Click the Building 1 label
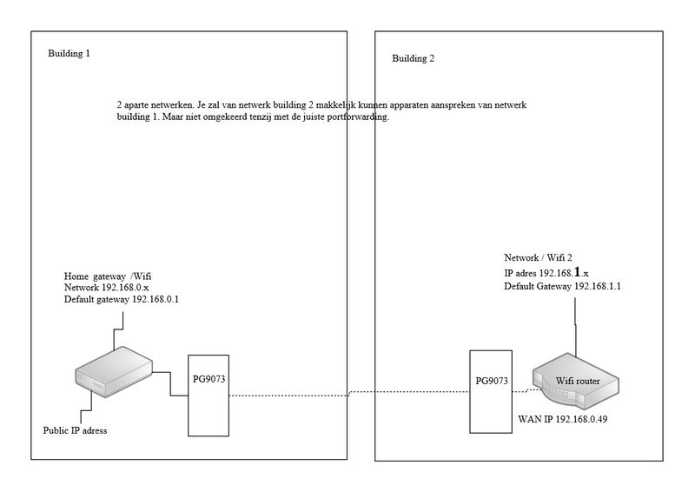pyautogui.click(x=69, y=54)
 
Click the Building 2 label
pyautogui.click(x=413, y=59)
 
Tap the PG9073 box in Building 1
pyautogui.click(x=209, y=396)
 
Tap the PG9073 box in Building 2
pyautogui.click(x=491, y=392)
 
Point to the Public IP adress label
pyautogui.click(x=76, y=430)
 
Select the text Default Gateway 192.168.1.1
pyautogui.click(x=566, y=287)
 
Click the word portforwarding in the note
pyautogui.click(x=355, y=116)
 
